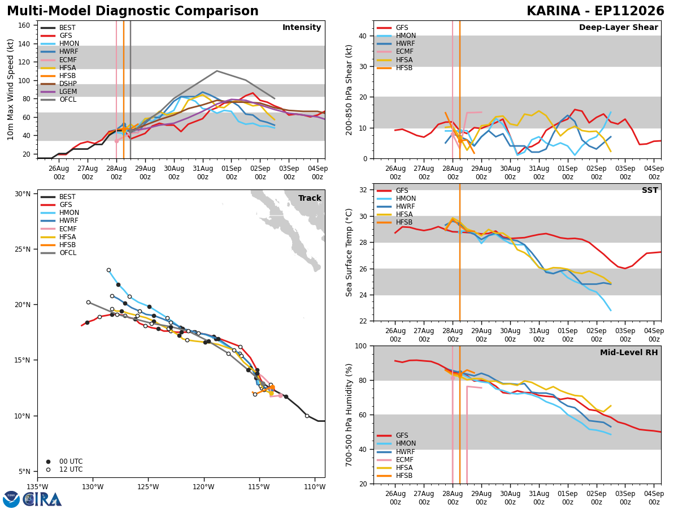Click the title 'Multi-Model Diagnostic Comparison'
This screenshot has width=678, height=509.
133,11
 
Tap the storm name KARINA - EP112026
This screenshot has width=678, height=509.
595,11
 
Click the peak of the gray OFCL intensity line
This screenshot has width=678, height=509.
217,71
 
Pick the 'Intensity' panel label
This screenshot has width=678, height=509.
302,28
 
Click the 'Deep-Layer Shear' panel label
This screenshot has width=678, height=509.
618,28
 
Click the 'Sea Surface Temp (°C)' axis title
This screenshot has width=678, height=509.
349,252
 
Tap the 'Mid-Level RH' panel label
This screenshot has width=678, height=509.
629,352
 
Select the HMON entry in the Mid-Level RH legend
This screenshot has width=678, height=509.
397,443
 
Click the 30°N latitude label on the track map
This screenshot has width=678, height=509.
23,194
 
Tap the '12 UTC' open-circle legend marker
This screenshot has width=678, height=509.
48,470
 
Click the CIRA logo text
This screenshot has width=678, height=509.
42,499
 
